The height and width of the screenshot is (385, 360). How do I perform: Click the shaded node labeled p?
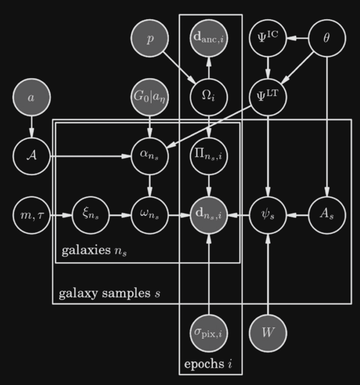point(150,38)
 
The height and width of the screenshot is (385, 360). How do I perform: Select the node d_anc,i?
point(209,38)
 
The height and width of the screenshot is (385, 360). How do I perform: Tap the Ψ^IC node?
point(268,38)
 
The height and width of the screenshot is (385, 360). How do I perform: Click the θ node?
point(327,38)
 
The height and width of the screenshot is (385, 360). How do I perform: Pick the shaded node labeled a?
point(32,97)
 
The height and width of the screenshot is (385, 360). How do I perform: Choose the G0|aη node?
point(150,97)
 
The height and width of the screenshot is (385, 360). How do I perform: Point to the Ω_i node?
point(209,97)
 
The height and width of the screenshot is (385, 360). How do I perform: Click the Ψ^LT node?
point(268,97)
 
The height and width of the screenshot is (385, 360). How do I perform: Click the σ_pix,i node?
point(209,333)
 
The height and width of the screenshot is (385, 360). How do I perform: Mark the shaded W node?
point(268,333)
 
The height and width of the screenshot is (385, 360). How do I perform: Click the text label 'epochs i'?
point(208,364)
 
